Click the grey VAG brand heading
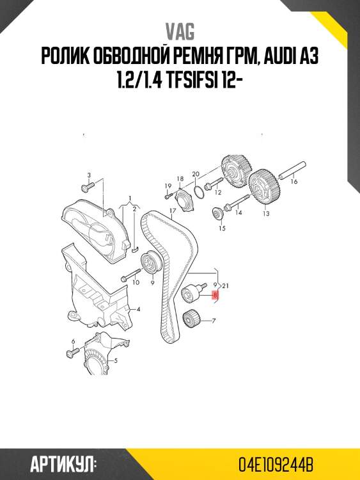pos(180,32)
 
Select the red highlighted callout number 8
pos(215,295)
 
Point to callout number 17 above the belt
pos(173,211)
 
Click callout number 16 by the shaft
pos(294,182)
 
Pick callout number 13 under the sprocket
pos(266,213)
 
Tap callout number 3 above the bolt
pos(89,175)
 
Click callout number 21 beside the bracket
pos(226,286)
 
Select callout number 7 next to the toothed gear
pos(214,321)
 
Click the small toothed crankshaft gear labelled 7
pos(191,319)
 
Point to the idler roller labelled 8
pos(192,293)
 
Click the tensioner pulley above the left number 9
pos(150,263)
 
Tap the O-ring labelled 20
pos(199,191)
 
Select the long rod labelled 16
pos(292,170)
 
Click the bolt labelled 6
pos(73,353)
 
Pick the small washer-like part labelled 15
pos(218,213)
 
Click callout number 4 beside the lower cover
pos(138,310)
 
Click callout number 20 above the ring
pos(196,174)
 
